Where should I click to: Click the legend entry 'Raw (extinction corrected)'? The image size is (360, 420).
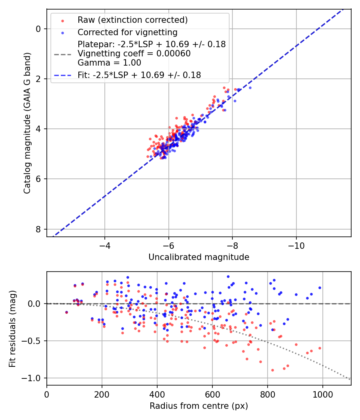click(132, 20)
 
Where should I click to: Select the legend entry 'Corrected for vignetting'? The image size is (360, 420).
click(127, 32)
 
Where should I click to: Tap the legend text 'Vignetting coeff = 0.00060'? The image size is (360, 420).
click(134, 54)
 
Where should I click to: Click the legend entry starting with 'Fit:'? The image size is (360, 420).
click(139, 75)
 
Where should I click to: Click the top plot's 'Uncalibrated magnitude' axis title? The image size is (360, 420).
click(199, 257)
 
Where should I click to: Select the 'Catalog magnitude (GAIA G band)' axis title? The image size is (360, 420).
click(27, 125)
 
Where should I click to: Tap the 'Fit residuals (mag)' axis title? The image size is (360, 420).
click(12, 328)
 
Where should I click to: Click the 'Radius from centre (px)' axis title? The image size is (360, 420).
click(199, 406)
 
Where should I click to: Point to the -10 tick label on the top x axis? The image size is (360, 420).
click(296, 245)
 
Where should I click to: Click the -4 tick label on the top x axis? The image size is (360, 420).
click(105, 245)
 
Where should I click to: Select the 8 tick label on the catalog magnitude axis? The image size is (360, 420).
click(38, 229)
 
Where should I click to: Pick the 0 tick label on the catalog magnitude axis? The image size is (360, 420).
click(38, 29)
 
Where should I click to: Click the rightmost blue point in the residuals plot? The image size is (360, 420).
click(320, 288)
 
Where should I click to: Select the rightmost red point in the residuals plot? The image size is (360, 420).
click(320, 348)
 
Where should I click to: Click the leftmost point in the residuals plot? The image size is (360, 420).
click(66, 312)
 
